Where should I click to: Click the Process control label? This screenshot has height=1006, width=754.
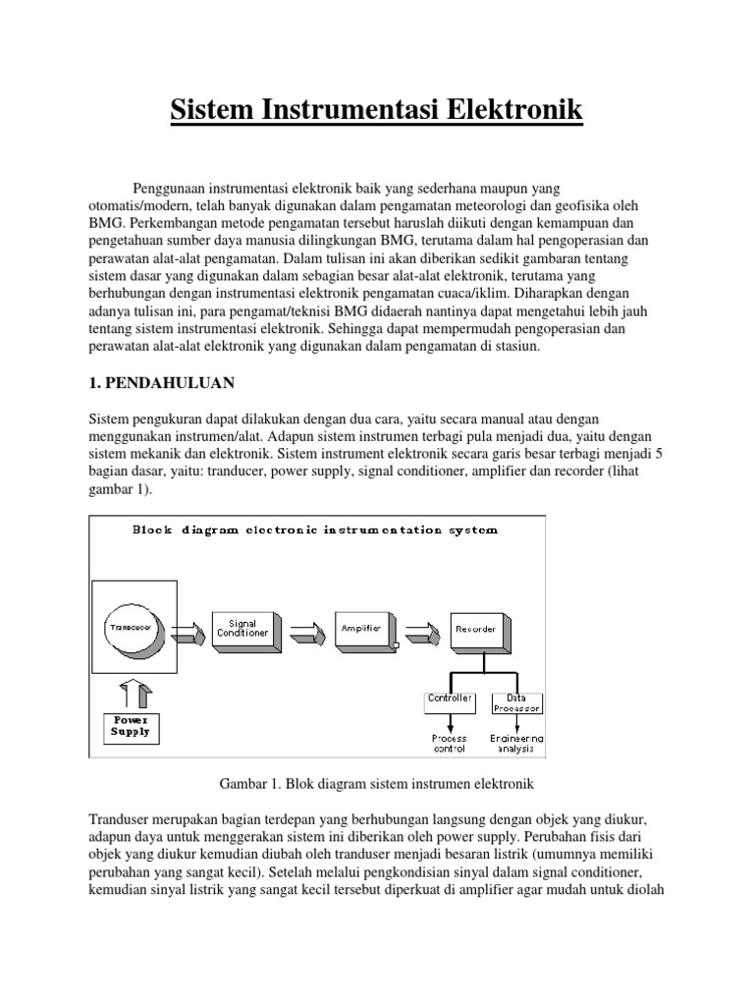pos(449,743)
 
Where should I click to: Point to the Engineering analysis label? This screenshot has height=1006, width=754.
pos(516,743)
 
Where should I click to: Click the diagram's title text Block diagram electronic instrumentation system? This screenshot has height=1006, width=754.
pos(315,530)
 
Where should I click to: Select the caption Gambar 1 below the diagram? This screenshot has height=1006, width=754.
pos(376,783)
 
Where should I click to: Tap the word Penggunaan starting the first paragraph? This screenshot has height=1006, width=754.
pos(174,187)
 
